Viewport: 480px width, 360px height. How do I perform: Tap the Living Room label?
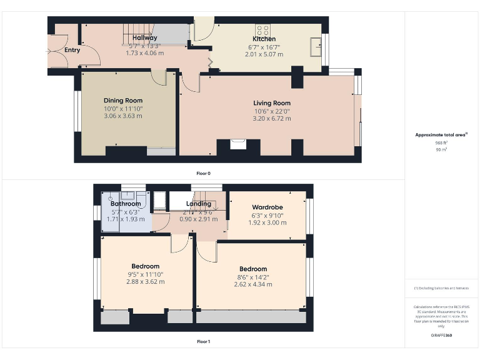point(272,103)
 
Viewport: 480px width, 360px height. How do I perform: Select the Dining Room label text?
point(123,101)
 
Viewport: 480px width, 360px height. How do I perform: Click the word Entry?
point(72,50)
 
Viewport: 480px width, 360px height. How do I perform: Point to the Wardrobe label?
point(267,207)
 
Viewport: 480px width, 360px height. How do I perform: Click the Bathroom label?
point(126,204)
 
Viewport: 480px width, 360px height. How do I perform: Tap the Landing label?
point(199,204)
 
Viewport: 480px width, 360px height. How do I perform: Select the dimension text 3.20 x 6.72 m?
point(272,118)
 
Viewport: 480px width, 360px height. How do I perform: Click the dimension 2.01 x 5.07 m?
point(263,54)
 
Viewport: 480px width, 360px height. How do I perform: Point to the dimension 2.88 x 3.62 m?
point(145,282)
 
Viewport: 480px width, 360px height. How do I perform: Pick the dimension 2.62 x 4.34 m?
point(252,284)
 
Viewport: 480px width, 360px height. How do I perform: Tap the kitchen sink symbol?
point(316,45)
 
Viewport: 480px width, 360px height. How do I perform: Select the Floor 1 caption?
point(203,342)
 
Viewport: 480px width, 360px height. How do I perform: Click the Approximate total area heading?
point(441,135)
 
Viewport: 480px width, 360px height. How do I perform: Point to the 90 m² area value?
point(441,150)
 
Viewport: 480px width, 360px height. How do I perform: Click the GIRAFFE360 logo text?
point(441,336)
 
